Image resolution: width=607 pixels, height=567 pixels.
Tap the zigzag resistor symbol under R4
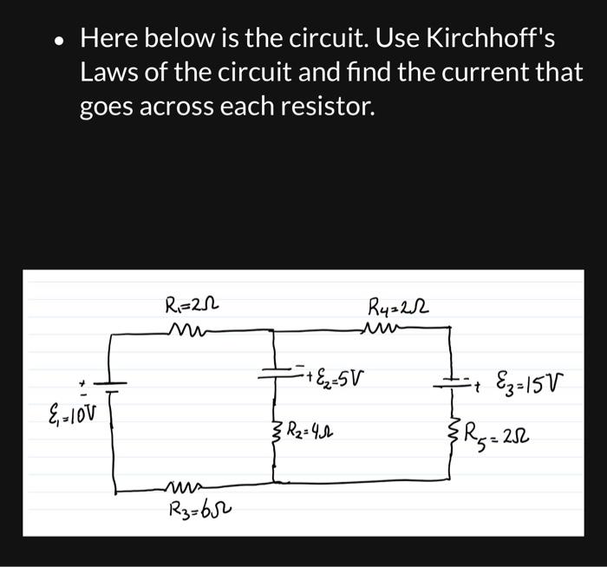pyautogui.click(x=382, y=327)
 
